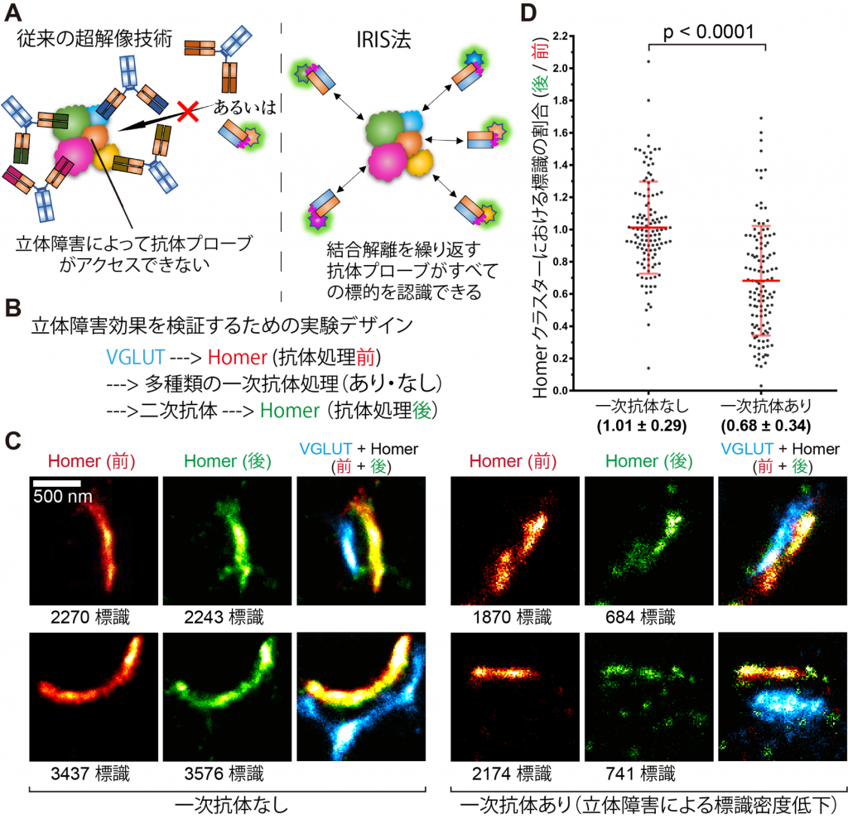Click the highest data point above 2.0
click(x=648, y=61)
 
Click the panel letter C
click(x=13, y=441)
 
